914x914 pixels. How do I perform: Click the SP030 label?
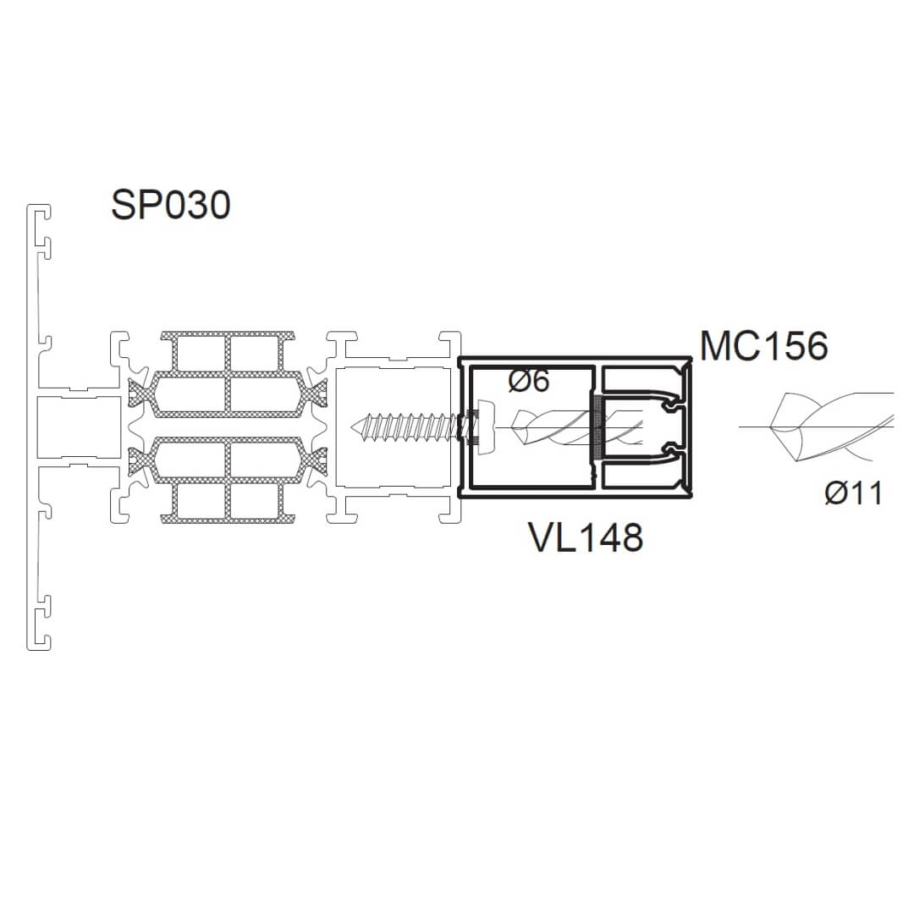171,205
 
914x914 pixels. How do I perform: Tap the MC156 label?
763,345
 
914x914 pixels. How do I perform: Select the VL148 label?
586,537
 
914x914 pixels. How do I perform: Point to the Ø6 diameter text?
529,381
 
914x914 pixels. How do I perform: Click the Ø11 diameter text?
853,493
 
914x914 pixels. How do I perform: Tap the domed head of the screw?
486,427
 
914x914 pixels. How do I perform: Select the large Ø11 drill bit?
832,427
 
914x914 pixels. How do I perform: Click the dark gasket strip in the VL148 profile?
597,428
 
